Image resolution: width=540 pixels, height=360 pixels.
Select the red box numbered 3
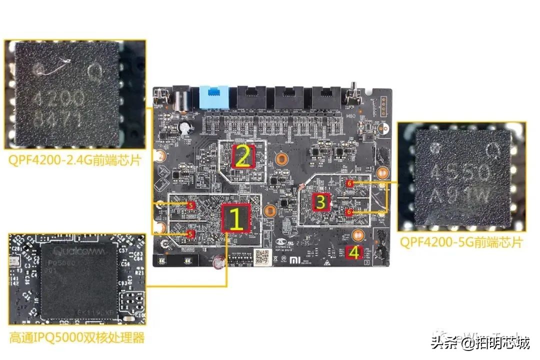[320, 201]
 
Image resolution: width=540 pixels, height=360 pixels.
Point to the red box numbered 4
[353, 253]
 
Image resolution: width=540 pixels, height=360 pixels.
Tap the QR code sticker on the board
[261, 255]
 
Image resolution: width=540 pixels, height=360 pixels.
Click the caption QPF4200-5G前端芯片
[461, 242]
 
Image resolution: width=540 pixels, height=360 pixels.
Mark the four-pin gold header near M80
[384, 106]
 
